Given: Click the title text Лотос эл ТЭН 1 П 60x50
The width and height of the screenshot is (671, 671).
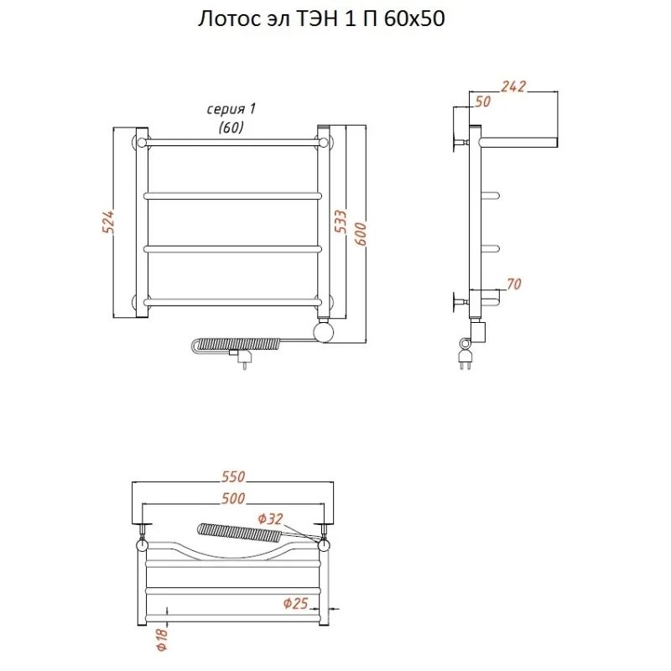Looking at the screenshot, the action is pyautogui.click(x=321, y=18).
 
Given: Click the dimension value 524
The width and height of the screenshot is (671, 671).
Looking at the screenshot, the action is pyautogui.click(x=108, y=221).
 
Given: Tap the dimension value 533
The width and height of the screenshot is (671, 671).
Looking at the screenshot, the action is pyautogui.click(x=341, y=221).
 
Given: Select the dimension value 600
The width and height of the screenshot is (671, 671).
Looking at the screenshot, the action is pyautogui.click(x=361, y=234).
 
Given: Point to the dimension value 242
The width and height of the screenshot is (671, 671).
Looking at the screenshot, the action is pyautogui.click(x=513, y=86).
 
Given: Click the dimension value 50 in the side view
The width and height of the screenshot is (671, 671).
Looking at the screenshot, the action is pyautogui.click(x=483, y=101).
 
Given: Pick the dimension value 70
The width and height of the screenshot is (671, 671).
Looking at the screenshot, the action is pyautogui.click(x=513, y=283).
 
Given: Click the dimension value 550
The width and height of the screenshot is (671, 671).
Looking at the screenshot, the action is pyautogui.click(x=233, y=476).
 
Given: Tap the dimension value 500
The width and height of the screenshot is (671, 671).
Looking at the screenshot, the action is pyautogui.click(x=233, y=498).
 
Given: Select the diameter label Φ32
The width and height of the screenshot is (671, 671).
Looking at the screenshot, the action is pyautogui.click(x=270, y=519).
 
